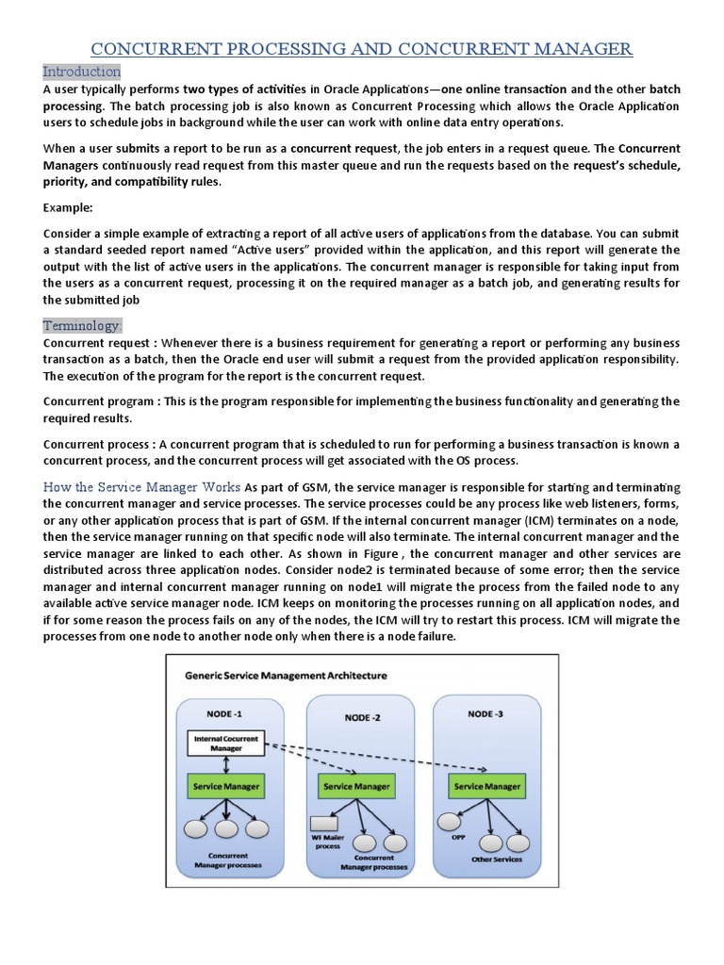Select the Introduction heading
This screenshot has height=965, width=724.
point(82,72)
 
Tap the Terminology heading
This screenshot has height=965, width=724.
point(82,325)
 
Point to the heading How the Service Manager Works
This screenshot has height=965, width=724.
point(141,487)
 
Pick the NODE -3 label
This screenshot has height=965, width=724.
point(485,713)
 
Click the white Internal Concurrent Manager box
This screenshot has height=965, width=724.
point(226,743)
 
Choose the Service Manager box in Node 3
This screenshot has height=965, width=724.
point(486,785)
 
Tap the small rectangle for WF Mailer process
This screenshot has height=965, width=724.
point(325,822)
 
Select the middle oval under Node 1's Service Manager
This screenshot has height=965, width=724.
point(226,828)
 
